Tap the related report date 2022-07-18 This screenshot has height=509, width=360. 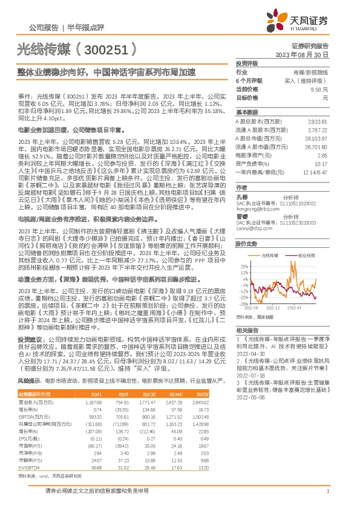pos(252,375)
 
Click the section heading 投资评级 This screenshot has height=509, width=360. pos(246,63)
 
